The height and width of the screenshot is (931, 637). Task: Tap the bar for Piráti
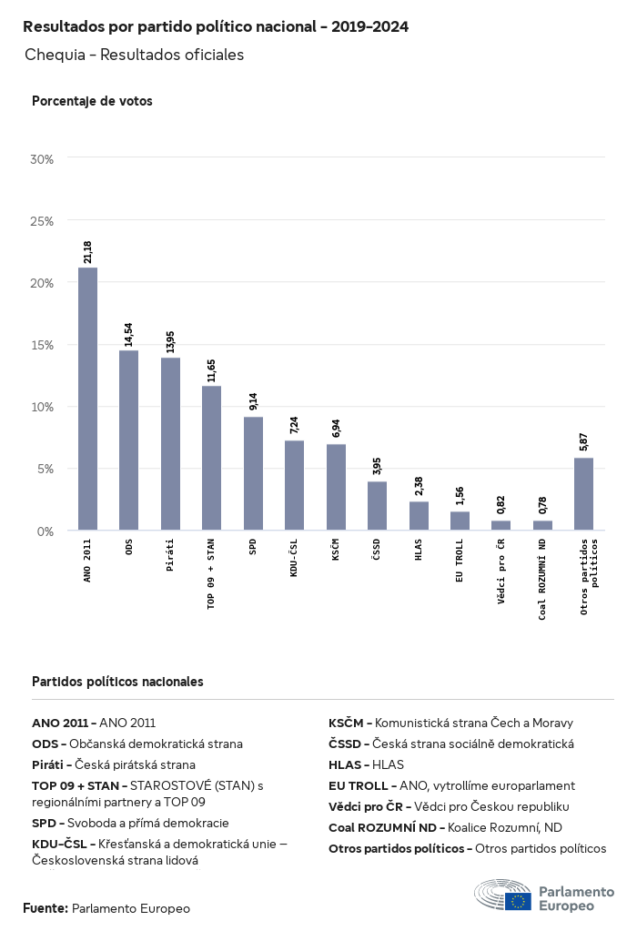point(170,443)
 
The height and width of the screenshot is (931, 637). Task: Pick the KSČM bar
point(336,487)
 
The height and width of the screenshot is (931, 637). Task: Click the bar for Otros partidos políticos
point(583,493)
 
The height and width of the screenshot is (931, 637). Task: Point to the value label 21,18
point(87,252)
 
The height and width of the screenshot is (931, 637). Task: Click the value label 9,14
point(253,401)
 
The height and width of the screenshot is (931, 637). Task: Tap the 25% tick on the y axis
point(43,221)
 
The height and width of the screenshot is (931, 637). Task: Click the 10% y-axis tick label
point(43,407)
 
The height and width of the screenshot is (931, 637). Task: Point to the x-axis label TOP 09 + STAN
point(211,573)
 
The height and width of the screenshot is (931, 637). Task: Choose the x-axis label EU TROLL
point(460,561)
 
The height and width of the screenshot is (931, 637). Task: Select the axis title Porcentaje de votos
point(92,101)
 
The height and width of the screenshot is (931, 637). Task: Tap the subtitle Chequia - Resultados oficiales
point(135,55)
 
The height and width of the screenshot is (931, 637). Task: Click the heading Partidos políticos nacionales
point(117,681)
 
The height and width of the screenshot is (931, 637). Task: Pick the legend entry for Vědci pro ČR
point(449,806)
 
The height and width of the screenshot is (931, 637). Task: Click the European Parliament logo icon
point(502,896)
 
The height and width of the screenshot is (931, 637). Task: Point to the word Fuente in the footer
point(45,908)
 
